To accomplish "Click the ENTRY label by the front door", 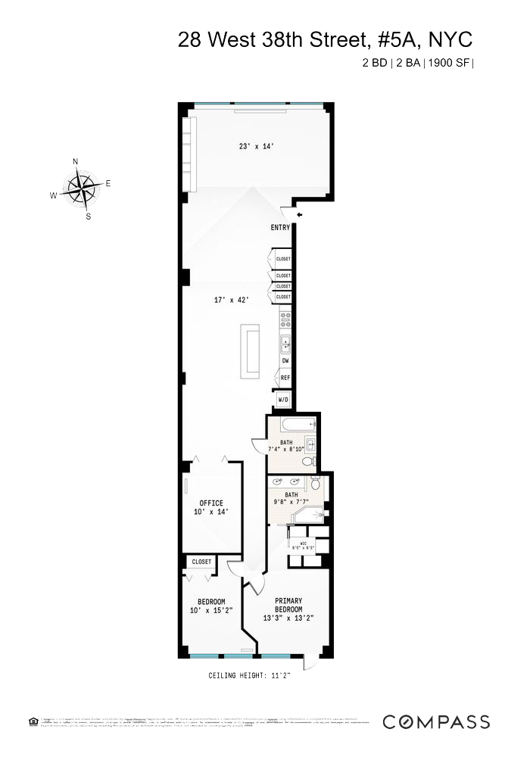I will click(x=281, y=228).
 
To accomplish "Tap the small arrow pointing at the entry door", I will click(x=300, y=216).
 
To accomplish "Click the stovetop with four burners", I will click(x=285, y=318).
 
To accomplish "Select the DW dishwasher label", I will click(x=285, y=361).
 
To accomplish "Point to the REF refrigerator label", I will click(x=285, y=377).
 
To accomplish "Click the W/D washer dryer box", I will click(x=283, y=399).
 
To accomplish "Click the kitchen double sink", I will click(x=286, y=344).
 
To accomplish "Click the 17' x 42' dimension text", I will click(x=232, y=300).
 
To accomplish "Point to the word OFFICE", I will click(x=211, y=503).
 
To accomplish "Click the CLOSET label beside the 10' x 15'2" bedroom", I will click(x=201, y=562).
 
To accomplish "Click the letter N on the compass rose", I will click(x=75, y=161).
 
